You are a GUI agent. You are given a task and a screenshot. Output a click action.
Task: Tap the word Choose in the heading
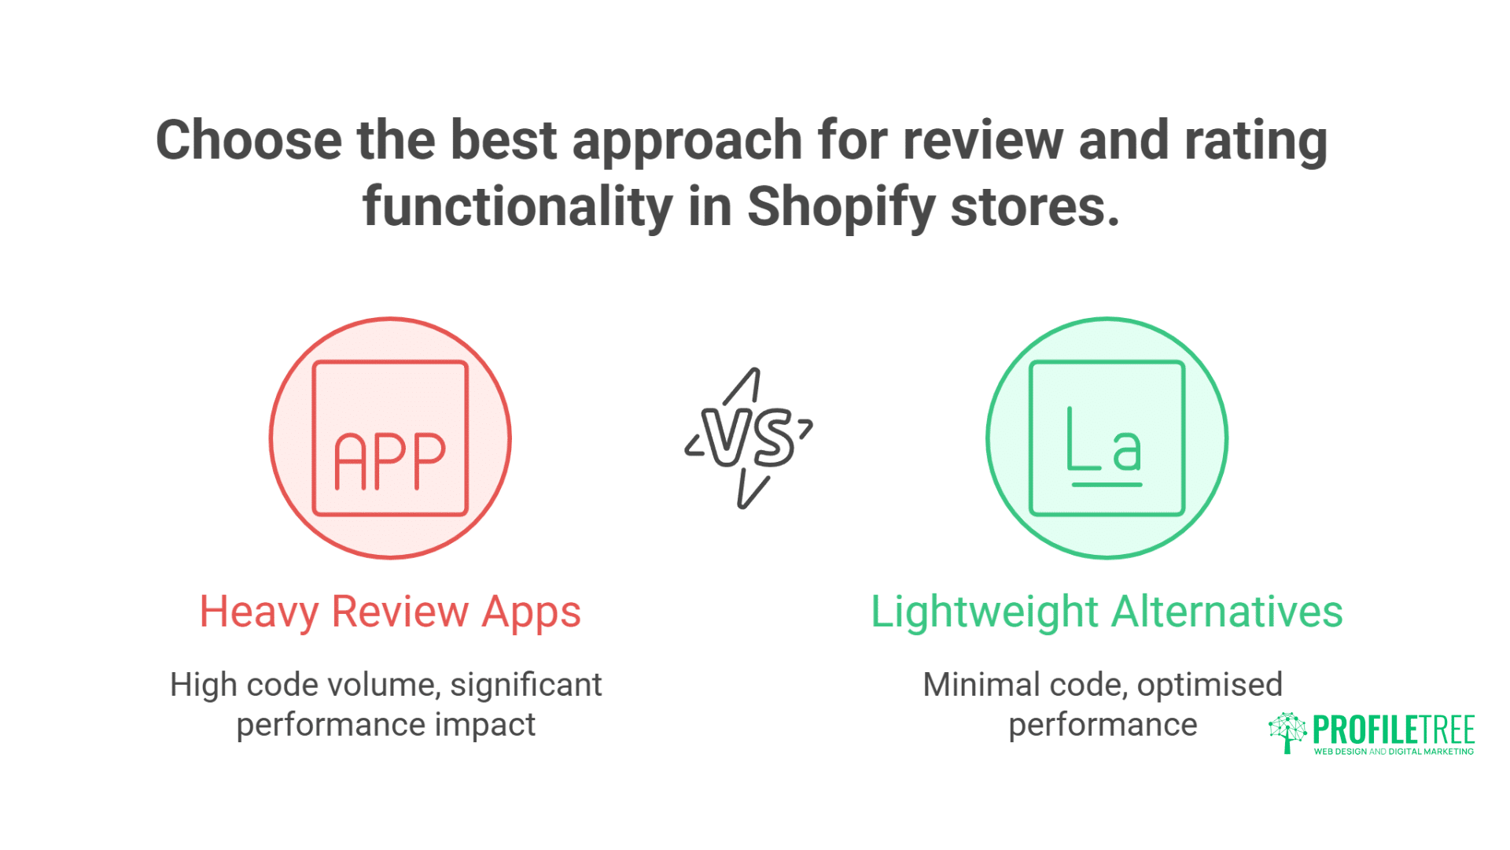249,140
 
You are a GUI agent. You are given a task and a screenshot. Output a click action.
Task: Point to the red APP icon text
390,461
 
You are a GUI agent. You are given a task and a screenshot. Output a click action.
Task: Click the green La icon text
1104,450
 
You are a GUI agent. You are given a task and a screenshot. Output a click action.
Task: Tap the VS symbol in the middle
748,438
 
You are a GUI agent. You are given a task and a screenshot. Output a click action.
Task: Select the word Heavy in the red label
258,612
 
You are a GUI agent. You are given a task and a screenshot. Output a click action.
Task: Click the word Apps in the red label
531,612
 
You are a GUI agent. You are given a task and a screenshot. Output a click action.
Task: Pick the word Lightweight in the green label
985,612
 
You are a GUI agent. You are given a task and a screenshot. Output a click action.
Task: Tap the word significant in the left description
525,685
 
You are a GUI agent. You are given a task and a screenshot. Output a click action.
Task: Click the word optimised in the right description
1210,685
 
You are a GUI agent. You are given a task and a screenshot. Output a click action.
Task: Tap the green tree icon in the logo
1287,732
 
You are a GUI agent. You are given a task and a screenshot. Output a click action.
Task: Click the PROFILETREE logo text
1394,730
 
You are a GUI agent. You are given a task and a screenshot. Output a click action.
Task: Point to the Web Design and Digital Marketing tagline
1394,752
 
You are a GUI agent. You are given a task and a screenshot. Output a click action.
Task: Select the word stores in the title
1034,207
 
